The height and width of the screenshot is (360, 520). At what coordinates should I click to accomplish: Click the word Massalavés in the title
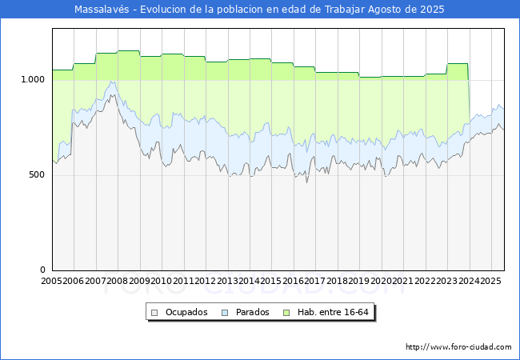click(x=102, y=10)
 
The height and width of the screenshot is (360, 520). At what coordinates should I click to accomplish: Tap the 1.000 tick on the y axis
click(x=33, y=79)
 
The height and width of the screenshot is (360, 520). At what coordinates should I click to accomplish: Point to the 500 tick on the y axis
click(x=37, y=174)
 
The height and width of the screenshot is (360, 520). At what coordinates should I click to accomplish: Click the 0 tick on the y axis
click(x=42, y=270)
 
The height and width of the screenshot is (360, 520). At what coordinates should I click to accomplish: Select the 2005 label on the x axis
click(x=51, y=281)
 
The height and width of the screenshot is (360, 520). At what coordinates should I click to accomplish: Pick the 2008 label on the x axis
click(x=117, y=281)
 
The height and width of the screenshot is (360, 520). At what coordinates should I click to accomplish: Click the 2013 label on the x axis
click(x=227, y=281)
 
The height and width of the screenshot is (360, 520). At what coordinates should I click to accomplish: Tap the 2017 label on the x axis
click(x=314, y=281)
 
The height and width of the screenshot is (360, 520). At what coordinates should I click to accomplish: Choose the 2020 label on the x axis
click(x=381, y=281)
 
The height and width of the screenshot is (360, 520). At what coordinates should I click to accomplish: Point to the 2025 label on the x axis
click(x=490, y=281)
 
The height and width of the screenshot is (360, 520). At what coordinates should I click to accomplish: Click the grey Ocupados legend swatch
click(x=154, y=313)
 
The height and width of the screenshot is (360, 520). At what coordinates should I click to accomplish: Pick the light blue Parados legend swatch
click(x=225, y=313)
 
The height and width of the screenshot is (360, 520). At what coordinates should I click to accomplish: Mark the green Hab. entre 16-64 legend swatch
click(x=286, y=313)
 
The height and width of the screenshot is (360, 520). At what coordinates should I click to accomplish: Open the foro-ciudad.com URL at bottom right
click(x=458, y=347)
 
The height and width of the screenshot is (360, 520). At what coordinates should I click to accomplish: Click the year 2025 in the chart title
click(x=432, y=10)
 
